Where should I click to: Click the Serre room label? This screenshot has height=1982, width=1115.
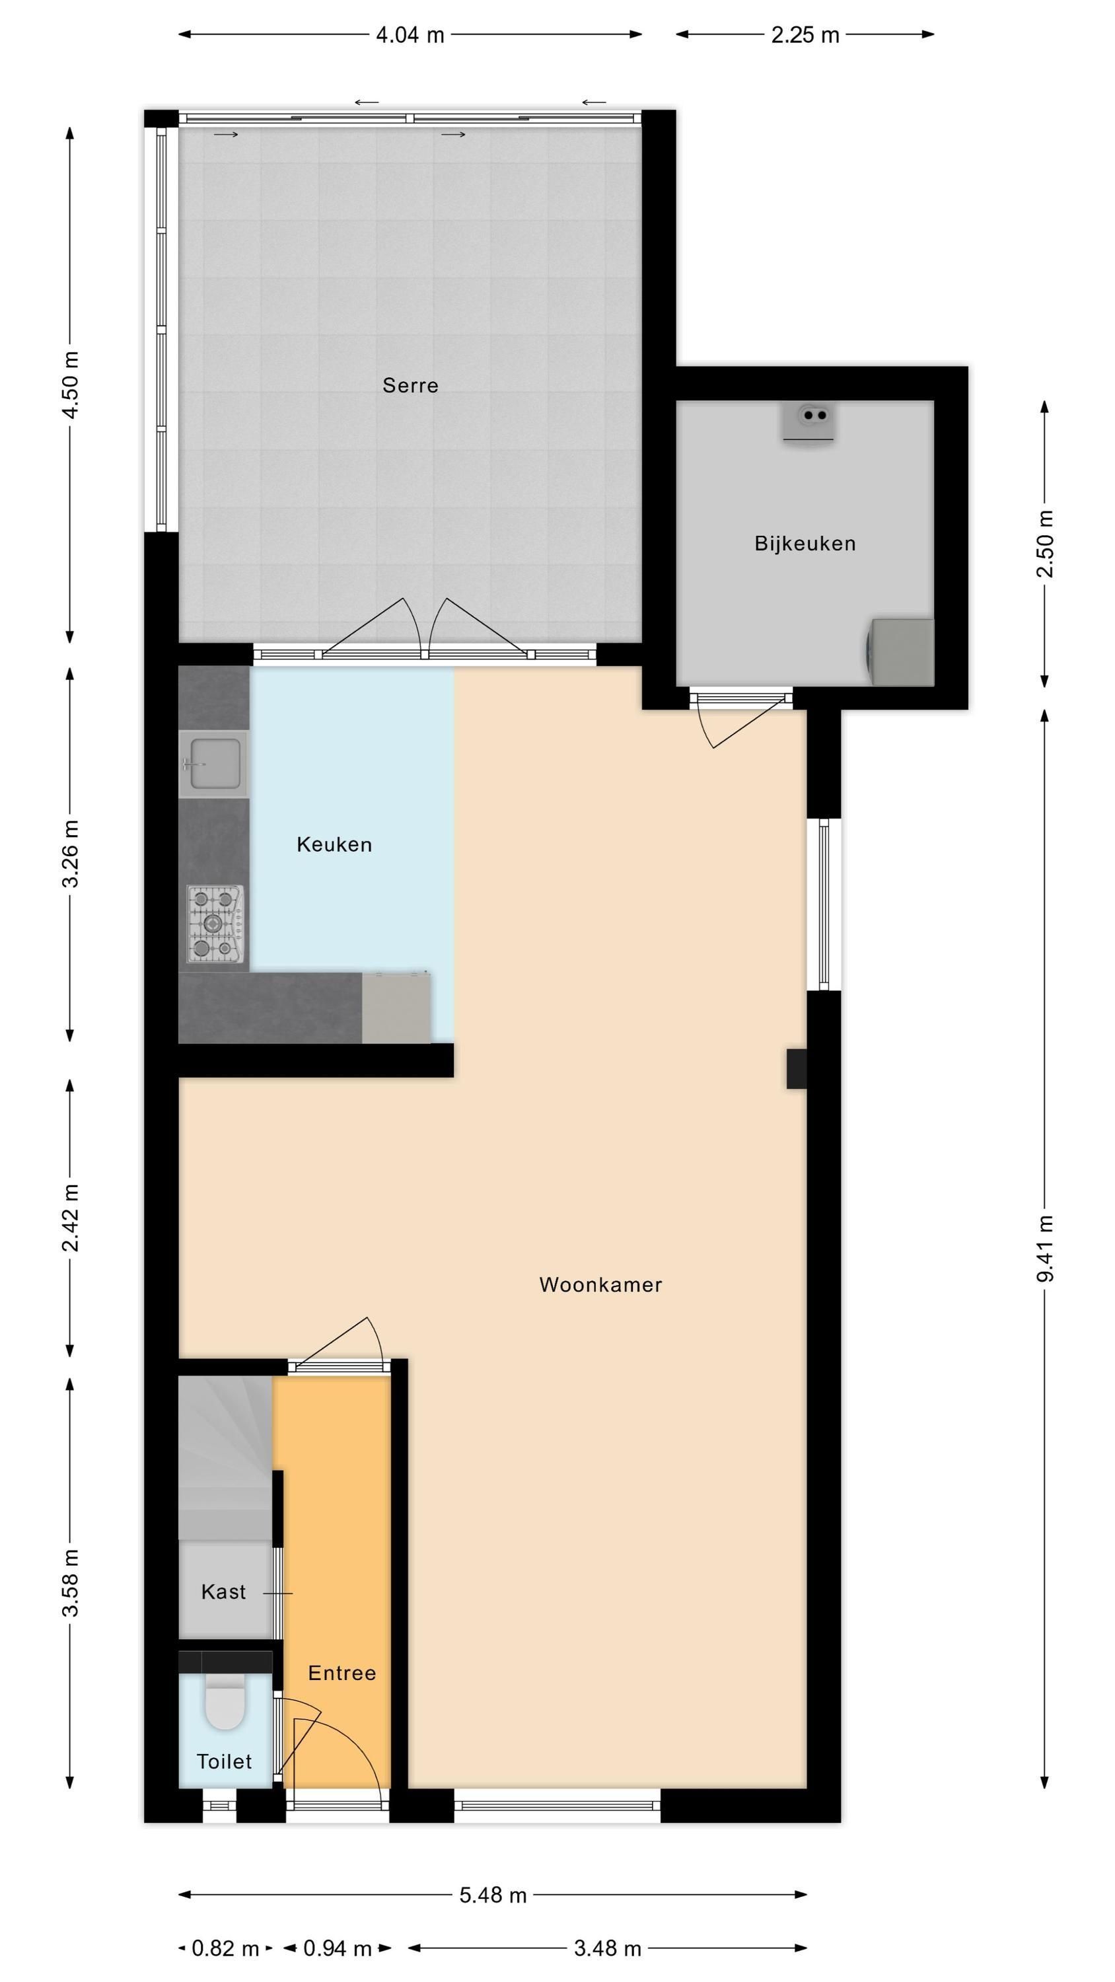tap(410, 385)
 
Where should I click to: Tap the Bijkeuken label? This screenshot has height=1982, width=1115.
tap(805, 544)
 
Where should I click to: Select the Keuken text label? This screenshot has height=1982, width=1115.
tap(334, 845)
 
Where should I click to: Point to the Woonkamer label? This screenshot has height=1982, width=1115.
tap(600, 1285)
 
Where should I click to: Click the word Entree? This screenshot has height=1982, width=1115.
tap(342, 1673)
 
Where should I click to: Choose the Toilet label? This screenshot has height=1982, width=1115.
tap(224, 1762)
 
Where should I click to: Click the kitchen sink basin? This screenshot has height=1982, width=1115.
tap(214, 764)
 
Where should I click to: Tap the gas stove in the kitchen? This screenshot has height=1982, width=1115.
tap(215, 924)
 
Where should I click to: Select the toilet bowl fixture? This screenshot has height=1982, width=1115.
tap(225, 1703)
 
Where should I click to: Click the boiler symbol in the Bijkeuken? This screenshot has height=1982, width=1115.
tap(809, 422)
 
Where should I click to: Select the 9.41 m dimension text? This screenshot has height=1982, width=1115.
tap(1045, 1248)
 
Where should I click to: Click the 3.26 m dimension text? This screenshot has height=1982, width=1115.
tap(70, 854)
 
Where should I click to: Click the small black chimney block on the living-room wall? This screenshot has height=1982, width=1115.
tap(797, 1069)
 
